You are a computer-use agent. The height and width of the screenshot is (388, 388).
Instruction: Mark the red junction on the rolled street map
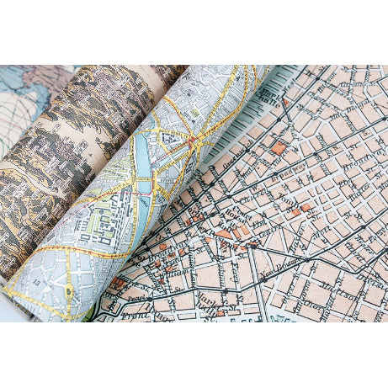tap(193, 138)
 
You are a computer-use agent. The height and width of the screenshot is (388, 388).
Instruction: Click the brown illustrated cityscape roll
tap(76, 151)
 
